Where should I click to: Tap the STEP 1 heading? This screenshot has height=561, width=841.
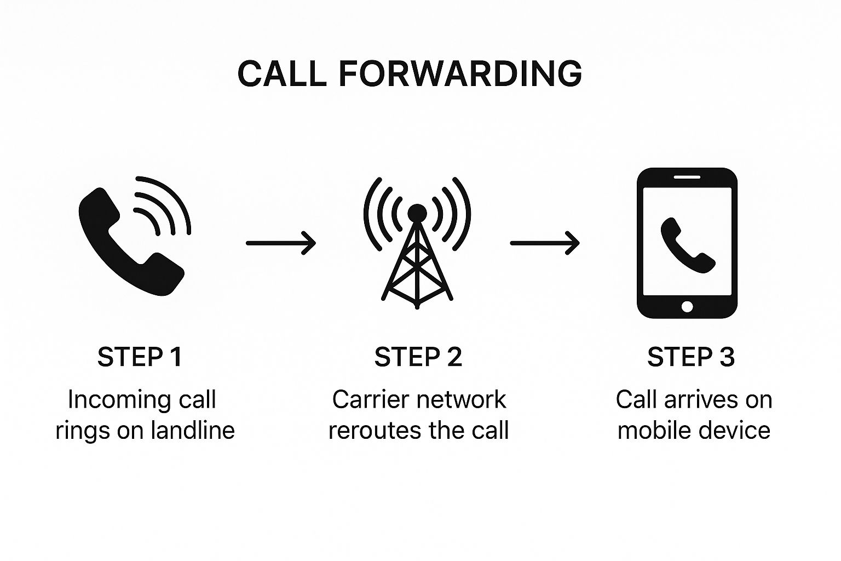coord(140,357)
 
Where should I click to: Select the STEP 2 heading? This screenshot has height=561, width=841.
coord(418,357)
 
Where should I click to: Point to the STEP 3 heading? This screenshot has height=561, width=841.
coord(691,357)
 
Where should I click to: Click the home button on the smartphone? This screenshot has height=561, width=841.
coord(687,306)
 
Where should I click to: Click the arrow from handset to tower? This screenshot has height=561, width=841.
coord(281,243)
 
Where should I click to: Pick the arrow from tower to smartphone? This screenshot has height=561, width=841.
coord(545,243)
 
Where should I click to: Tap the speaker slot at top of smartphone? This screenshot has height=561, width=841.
coord(687,176)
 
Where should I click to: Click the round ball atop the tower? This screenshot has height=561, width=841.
coord(417,213)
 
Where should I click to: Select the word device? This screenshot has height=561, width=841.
coord(738,431)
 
